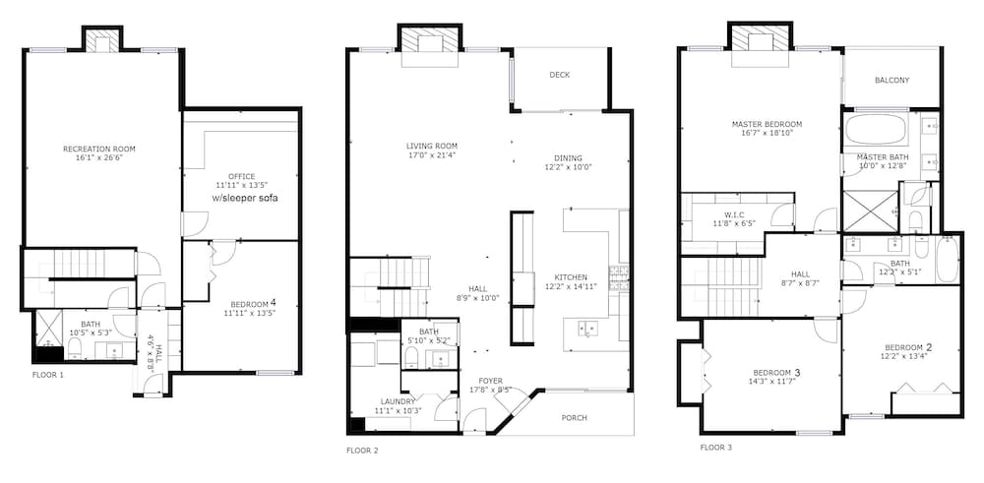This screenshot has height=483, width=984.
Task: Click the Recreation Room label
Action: point(99,150)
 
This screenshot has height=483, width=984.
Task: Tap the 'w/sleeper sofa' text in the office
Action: point(245,199)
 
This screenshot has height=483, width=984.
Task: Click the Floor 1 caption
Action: point(47,375)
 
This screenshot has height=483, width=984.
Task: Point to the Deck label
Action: point(560,75)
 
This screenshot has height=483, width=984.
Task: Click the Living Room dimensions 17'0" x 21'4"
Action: point(431,155)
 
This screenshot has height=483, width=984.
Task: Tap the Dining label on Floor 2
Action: point(568,158)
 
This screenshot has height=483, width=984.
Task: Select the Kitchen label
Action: point(571,277)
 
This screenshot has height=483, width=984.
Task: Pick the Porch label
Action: point(575,418)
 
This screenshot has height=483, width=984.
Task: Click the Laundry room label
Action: point(398,401)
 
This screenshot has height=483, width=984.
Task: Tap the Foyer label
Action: point(490,381)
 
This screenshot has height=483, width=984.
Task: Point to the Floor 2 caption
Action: point(362,451)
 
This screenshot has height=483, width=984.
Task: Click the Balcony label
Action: point(892,81)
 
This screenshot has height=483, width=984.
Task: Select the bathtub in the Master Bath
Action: point(876,129)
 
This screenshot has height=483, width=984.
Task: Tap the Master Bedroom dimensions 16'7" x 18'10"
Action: point(767,133)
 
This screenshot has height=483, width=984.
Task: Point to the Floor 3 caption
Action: point(716,448)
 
